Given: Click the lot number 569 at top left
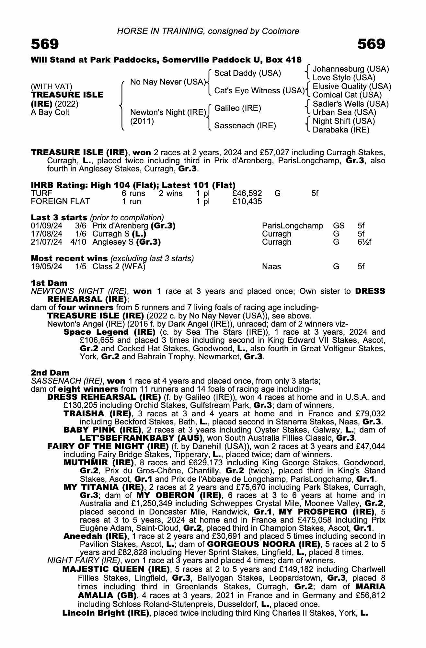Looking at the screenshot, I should click(x=45, y=44).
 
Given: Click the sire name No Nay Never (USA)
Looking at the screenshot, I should click(x=167, y=82).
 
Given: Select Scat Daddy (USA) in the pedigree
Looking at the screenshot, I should click(x=248, y=73).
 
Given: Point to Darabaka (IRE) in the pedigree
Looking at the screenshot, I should click(x=341, y=130).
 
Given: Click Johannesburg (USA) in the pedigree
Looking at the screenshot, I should click(x=351, y=69).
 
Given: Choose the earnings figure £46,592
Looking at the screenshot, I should click(x=247, y=194).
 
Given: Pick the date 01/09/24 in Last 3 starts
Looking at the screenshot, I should click(x=46, y=226).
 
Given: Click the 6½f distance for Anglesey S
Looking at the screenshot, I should click(x=364, y=242).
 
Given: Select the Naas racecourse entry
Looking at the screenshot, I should click(x=271, y=267).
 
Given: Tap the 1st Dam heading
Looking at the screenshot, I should click(x=49, y=283).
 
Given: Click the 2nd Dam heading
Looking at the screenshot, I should click(x=50, y=373).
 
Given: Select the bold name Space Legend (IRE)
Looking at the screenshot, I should click(x=109, y=332).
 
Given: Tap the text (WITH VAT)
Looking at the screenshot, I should click(x=52, y=87).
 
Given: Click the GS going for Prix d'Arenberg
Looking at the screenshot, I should click(x=339, y=226).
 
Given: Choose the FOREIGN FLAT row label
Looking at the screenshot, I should click(x=60, y=202).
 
